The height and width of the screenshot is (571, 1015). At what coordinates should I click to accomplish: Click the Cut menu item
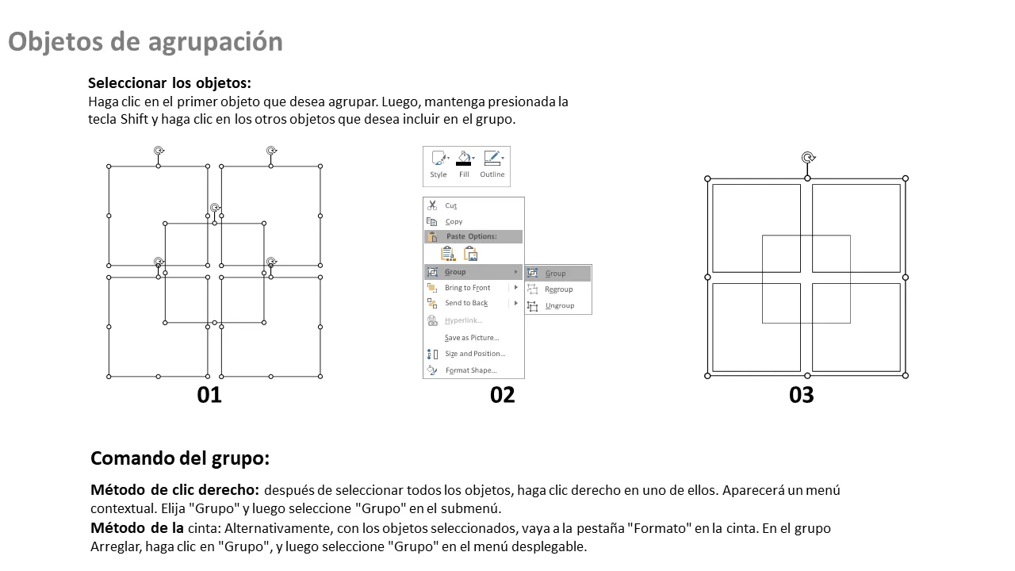click(x=450, y=205)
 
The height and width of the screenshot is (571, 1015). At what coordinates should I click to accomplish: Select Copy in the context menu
click(x=454, y=221)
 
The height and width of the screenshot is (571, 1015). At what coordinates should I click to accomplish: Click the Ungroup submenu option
click(x=559, y=305)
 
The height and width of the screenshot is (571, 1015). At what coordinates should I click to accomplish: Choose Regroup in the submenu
click(x=558, y=289)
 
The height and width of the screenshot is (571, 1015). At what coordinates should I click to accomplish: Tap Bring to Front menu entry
click(x=467, y=288)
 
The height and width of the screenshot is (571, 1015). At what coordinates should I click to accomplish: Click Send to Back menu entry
click(x=466, y=303)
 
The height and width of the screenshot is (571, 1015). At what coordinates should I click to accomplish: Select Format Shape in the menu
click(x=471, y=370)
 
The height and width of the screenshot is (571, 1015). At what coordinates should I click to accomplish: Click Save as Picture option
click(x=471, y=338)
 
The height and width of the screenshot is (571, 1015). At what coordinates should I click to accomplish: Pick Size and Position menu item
click(x=475, y=354)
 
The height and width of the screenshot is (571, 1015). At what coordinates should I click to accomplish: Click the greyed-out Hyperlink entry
click(x=463, y=320)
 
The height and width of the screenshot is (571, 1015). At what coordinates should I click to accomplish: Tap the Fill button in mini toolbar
click(x=464, y=164)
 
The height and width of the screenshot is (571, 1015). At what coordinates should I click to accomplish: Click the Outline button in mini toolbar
click(x=492, y=164)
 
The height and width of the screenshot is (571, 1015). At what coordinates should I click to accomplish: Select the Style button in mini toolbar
click(x=439, y=164)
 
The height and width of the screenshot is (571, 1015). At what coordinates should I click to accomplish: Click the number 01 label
click(x=209, y=395)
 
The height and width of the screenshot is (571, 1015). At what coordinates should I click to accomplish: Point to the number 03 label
click(x=801, y=395)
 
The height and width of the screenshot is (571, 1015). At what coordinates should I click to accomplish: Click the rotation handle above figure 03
click(x=808, y=157)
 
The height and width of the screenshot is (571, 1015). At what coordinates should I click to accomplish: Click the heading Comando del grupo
click(x=180, y=458)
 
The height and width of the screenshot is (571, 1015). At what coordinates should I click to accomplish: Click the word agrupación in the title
click(x=215, y=42)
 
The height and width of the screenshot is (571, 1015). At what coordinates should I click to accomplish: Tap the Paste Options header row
click(x=473, y=236)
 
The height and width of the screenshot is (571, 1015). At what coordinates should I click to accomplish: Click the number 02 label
click(x=502, y=395)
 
